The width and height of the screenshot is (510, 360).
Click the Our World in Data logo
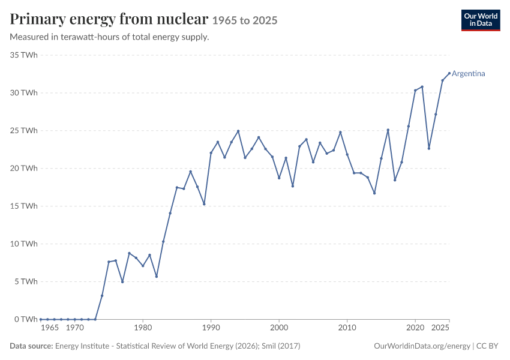(x=481, y=20)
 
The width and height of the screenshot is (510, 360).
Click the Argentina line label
(x=469, y=73)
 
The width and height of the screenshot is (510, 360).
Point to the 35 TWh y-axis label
(x=24, y=55)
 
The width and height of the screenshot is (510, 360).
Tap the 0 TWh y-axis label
(x=26, y=319)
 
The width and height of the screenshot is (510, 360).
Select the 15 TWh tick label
(x=24, y=206)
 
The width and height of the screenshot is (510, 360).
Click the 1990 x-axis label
(x=211, y=328)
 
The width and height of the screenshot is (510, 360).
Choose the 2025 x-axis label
(x=440, y=328)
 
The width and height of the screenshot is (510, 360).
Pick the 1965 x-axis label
(x=50, y=328)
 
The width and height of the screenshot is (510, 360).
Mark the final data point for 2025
(x=449, y=73)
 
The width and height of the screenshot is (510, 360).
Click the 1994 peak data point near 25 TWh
(x=238, y=131)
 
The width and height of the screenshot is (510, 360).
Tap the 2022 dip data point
(x=429, y=148)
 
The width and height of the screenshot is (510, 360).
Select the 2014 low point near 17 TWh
(x=374, y=193)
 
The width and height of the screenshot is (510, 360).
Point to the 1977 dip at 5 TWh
(x=122, y=281)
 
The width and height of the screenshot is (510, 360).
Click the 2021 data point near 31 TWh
(x=422, y=87)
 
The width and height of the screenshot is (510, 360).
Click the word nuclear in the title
(x=182, y=19)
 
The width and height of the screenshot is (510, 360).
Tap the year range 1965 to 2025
(x=245, y=20)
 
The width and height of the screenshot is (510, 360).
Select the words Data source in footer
(x=31, y=346)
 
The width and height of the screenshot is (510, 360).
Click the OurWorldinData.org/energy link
(x=422, y=346)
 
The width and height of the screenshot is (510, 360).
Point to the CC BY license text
(x=487, y=346)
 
